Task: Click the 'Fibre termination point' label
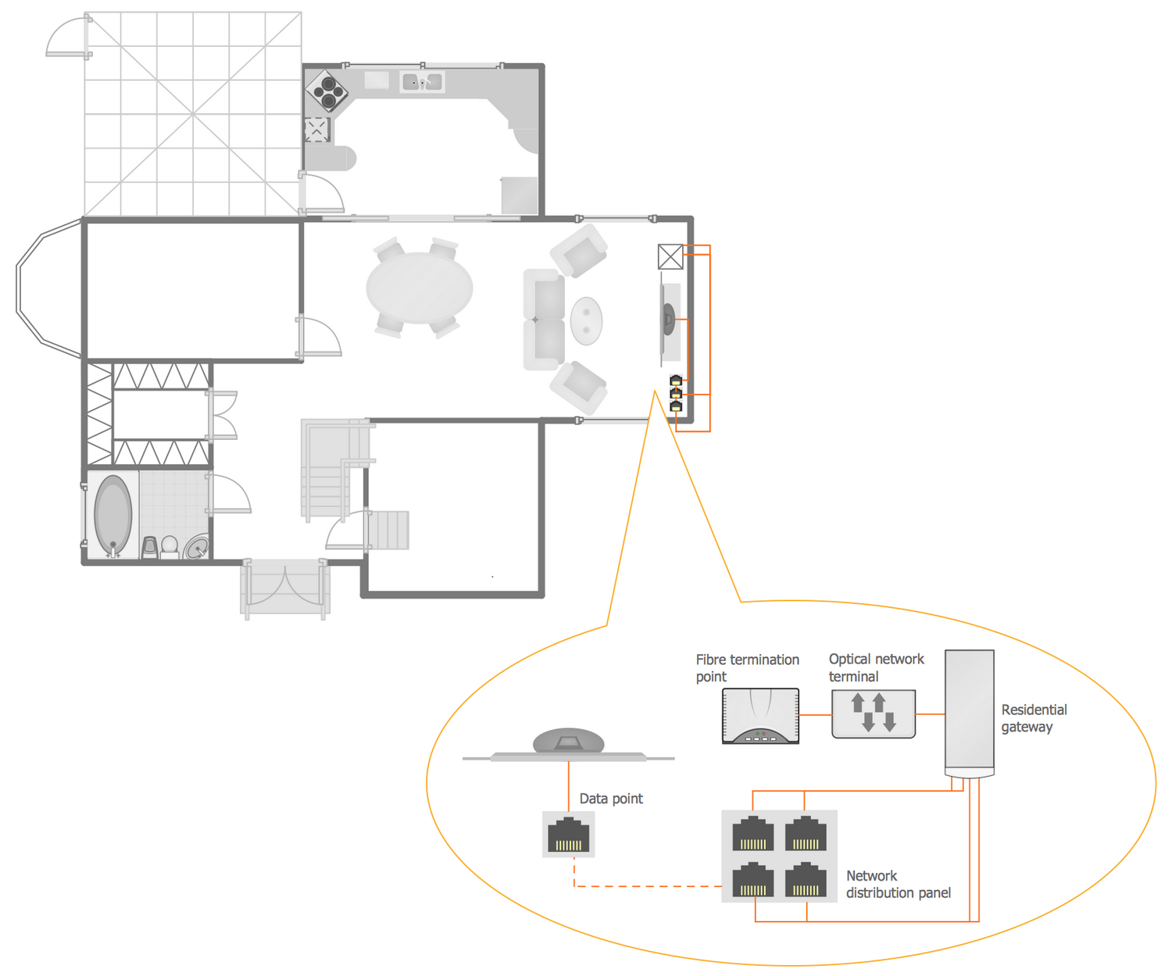pyautogui.click(x=747, y=667)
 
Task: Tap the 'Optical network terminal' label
pyautogui.click(x=876, y=667)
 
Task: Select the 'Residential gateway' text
pyautogui.click(x=1034, y=717)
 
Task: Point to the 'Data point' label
pyautogui.click(x=611, y=799)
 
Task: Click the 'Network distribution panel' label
pyautogui.click(x=898, y=884)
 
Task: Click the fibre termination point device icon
pyautogui.click(x=760, y=716)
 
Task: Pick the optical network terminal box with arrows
pyautogui.click(x=874, y=713)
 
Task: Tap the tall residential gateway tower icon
pyautogui.click(x=970, y=713)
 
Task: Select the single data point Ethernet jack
pyautogui.click(x=568, y=835)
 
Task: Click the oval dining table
pyautogui.click(x=420, y=288)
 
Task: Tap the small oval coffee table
pyautogui.click(x=586, y=320)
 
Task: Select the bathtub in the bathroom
pyautogui.click(x=113, y=515)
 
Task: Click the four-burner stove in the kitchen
pyautogui.click(x=327, y=91)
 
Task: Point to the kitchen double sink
pyautogui.click(x=422, y=82)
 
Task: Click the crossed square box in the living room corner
pyautogui.click(x=670, y=256)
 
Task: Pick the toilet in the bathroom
pyautogui.click(x=170, y=547)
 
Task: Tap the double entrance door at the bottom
pyautogui.click(x=285, y=588)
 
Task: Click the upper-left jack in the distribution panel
pyautogui.click(x=752, y=833)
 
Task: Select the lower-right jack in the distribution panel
pyautogui.click(x=806, y=879)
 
